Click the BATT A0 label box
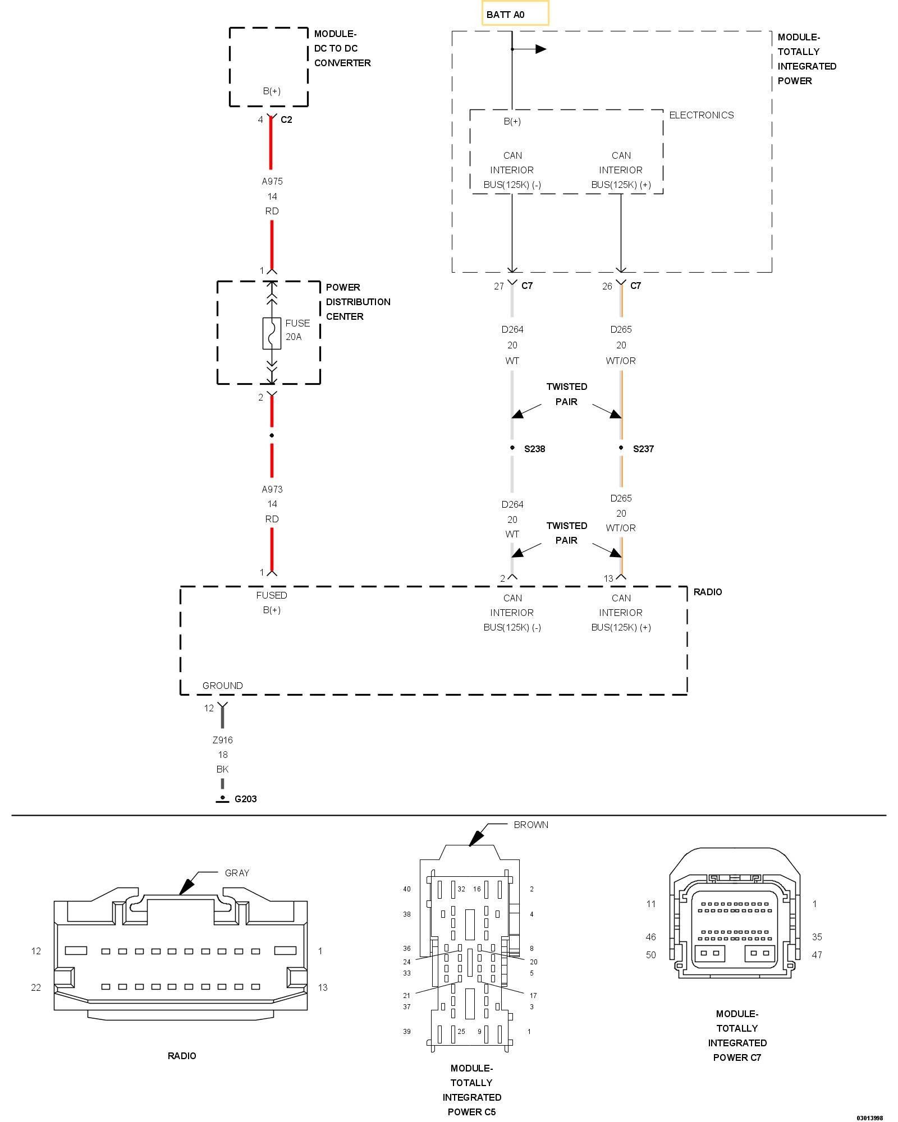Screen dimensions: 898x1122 pyautogui.click(x=515, y=13)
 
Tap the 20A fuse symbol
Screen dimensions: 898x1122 pyautogui.click(x=272, y=333)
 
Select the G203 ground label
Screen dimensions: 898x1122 pyautogui.click(x=245, y=799)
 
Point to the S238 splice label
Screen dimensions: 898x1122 pyautogui.click(x=534, y=449)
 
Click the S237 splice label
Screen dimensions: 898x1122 pyautogui.click(x=643, y=449)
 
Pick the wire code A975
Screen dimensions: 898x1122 pyautogui.click(x=272, y=181)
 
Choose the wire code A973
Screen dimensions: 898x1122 pyautogui.click(x=272, y=489)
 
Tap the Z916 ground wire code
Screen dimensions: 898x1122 pyautogui.click(x=223, y=740)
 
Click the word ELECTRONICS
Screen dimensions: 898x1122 pyautogui.click(x=702, y=115)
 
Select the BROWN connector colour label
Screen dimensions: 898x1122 pyautogui.click(x=531, y=825)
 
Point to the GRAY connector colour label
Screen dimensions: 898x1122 pyautogui.click(x=237, y=873)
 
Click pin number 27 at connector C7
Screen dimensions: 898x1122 pyautogui.click(x=499, y=286)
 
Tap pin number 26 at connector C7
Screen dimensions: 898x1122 pyautogui.click(x=607, y=286)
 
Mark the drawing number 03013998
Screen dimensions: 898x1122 pyautogui.click(x=869, y=1118)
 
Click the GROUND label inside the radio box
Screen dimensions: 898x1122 pyautogui.click(x=223, y=686)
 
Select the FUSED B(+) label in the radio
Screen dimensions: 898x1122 pyautogui.click(x=272, y=603)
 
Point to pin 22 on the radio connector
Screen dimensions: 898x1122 pyautogui.click(x=36, y=987)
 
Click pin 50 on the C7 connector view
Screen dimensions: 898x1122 pyautogui.click(x=651, y=955)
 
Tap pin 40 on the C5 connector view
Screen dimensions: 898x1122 pyautogui.click(x=407, y=889)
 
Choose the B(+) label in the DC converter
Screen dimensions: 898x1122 pyautogui.click(x=272, y=91)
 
